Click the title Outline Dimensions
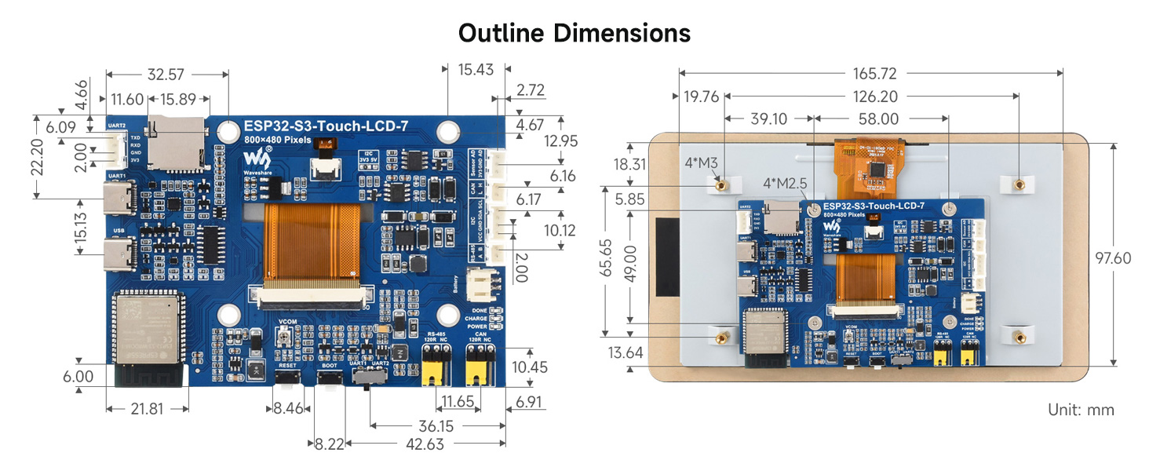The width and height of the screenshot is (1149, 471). coord(574,33)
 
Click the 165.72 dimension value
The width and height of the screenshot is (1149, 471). coord(871,74)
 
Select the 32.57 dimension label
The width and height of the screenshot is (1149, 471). coord(166,75)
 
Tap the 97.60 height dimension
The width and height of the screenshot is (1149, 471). coord(1114,258)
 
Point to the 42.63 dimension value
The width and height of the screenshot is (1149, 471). coord(425,444)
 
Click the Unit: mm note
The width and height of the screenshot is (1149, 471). coord(1081,410)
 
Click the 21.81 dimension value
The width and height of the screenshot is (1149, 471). coord(147,410)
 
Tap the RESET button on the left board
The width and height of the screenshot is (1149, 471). coord(287,379)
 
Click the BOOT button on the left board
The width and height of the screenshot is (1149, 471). coord(329,379)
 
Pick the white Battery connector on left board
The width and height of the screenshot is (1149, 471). coord(480,285)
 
